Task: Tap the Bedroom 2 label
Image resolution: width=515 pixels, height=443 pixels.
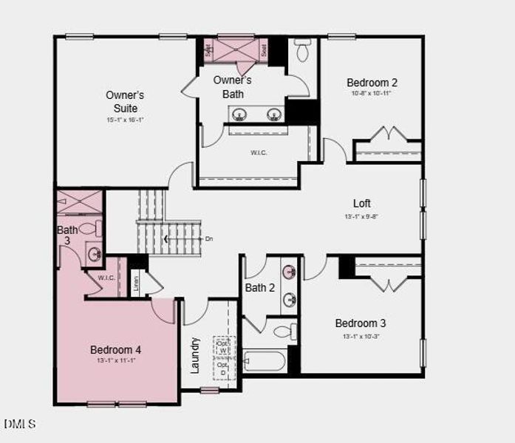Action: (x=372, y=83)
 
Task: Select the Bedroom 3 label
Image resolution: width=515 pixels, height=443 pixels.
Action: (x=361, y=323)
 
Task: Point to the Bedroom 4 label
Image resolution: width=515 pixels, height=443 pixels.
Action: (x=116, y=349)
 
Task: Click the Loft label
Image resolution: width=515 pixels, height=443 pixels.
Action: (x=362, y=203)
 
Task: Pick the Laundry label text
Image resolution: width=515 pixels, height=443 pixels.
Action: (x=195, y=355)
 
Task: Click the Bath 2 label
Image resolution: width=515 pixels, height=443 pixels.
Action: (x=260, y=287)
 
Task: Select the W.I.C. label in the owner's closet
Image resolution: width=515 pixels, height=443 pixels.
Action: (x=259, y=153)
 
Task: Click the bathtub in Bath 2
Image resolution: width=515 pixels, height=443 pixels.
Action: (x=265, y=361)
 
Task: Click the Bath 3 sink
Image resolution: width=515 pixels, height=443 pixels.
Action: (x=95, y=255)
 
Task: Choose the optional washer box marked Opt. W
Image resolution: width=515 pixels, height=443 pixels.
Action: (x=223, y=347)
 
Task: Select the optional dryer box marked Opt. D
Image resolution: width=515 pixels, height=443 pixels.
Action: (x=223, y=368)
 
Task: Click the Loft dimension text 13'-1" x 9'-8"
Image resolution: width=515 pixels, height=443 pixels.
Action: (x=362, y=217)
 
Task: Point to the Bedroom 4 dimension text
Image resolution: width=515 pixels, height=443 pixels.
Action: (x=116, y=360)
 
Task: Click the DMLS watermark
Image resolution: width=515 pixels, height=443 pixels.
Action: (x=20, y=424)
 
